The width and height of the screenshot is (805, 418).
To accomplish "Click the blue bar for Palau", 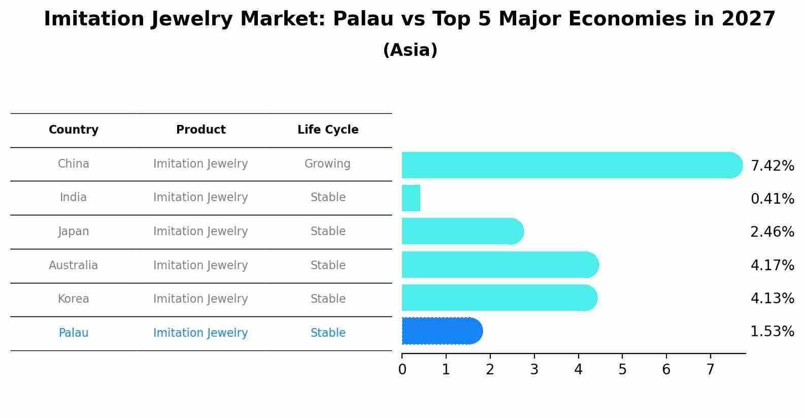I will pyautogui.click(x=442, y=331).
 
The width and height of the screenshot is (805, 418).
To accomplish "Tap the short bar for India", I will pyautogui.click(x=411, y=198).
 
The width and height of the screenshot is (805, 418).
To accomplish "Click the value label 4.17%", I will pyautogui.click(x=772, y=265).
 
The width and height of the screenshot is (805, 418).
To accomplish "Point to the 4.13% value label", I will pyautogui.click(x=772, y=298).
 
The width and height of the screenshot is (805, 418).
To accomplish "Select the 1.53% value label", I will pyautogui.click(x=772, y=332).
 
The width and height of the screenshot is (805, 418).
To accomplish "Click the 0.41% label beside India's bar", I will pyautogui.click(x=772, y=199).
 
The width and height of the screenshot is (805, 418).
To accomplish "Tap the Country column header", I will pyautogui.click(x=74, y=130).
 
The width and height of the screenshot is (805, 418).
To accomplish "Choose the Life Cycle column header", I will pyautogui.click(x=328, y=130).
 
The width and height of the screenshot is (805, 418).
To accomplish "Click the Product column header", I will pyautogui.click(x=200, y=130).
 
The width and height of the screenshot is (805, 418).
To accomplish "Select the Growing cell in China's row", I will pyautogui.click(x=327, y=164).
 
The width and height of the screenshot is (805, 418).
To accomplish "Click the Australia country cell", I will pyautogui.click(x=74, y=265).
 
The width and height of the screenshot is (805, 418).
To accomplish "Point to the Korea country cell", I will pyautogui.click(x=74, y=299).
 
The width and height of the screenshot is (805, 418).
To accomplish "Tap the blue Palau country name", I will pyautogui.click(x=74, y=333).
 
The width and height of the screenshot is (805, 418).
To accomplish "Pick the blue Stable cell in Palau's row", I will pyautogui.click(x=328, y=333).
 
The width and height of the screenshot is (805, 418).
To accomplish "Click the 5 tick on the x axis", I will pyautogui.click(x=622, y=370).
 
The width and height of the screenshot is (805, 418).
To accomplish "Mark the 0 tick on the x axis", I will pyautogui.click(x=402, y=370).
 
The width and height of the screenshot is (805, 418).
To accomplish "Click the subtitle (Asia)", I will pyautogui.click(x=410, y=50).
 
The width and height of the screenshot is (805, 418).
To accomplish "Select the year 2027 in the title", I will pyautogui.click(x=748, y=19).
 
